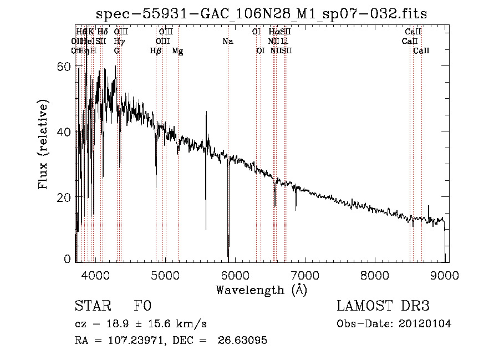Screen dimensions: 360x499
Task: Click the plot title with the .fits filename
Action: [x=261, y=14]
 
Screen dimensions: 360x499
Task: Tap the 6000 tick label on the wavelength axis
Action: [x=236, y=275]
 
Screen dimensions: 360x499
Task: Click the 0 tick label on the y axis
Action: [x=68, y=259]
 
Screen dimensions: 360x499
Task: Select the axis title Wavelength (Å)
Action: [x=261, y=290]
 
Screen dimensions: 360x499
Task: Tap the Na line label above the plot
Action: [x=228, y=41]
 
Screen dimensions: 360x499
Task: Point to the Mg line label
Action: [x=178, y=51]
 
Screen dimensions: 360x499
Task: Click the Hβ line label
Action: [x=156, y=51]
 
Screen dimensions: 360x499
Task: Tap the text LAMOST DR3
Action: [x=383, y=307]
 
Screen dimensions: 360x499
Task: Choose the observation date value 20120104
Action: [x=426, y=324]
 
